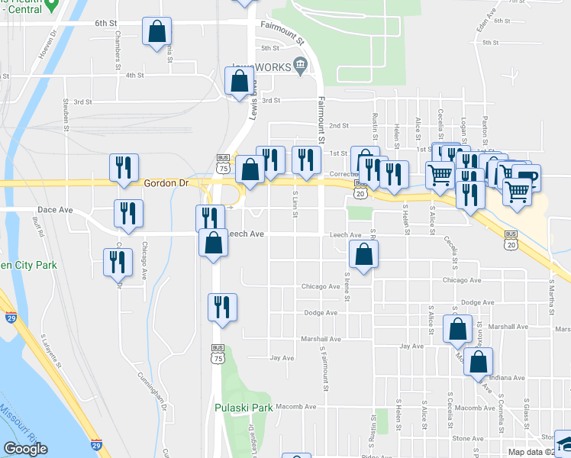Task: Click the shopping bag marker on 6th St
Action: tap(156, 32)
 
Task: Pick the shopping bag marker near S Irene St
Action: tap(364, 256)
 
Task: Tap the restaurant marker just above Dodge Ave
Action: tap(222, 308)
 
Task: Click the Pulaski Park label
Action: tap(244, 408)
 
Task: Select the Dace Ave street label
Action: tap(55, 209)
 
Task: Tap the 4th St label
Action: tap(135, 76)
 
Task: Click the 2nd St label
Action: tap(338, 125)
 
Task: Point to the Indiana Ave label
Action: tap(507, 378)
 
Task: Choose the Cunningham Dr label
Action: tap(152, 390)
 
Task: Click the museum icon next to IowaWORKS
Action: tap(301, 67)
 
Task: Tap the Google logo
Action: tap(26, 449)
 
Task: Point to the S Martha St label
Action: tap(550, 290)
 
